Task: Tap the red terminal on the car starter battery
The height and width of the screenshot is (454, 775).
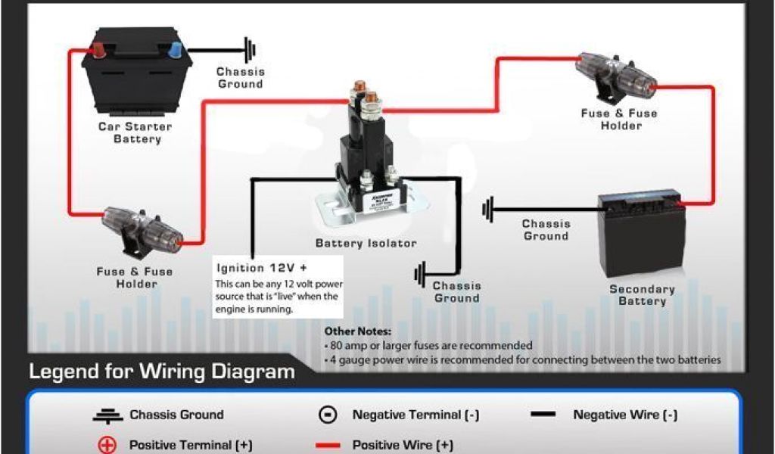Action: pyautogui.click(x=98, y=50)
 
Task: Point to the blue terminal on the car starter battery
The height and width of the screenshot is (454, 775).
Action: pyautogui.click(x=175, y=50)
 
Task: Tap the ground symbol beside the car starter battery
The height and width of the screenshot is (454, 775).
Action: pyautogui.click(x=250, y=50)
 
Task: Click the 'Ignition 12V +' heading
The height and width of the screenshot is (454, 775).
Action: pyautogui.click(x=262, y=268)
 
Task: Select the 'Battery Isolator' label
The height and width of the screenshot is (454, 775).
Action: pyautogui.click(x=366, y=244)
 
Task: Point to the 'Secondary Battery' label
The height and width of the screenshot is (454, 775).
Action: pyautogui.click(x=642, y=295)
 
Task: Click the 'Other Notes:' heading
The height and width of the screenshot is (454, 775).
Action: pyautogui.click(x=358, y=331)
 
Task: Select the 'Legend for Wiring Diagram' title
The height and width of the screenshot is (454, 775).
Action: pyautogui.click(x=161, y=372)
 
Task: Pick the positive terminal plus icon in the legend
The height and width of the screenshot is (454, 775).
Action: pyautogui.click(x=107, y=445)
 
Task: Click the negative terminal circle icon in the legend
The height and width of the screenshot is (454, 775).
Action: pyautogui.click(x=328, y=415)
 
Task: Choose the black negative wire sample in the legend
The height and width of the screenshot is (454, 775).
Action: pyautogui.click(x=543, y=415)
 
